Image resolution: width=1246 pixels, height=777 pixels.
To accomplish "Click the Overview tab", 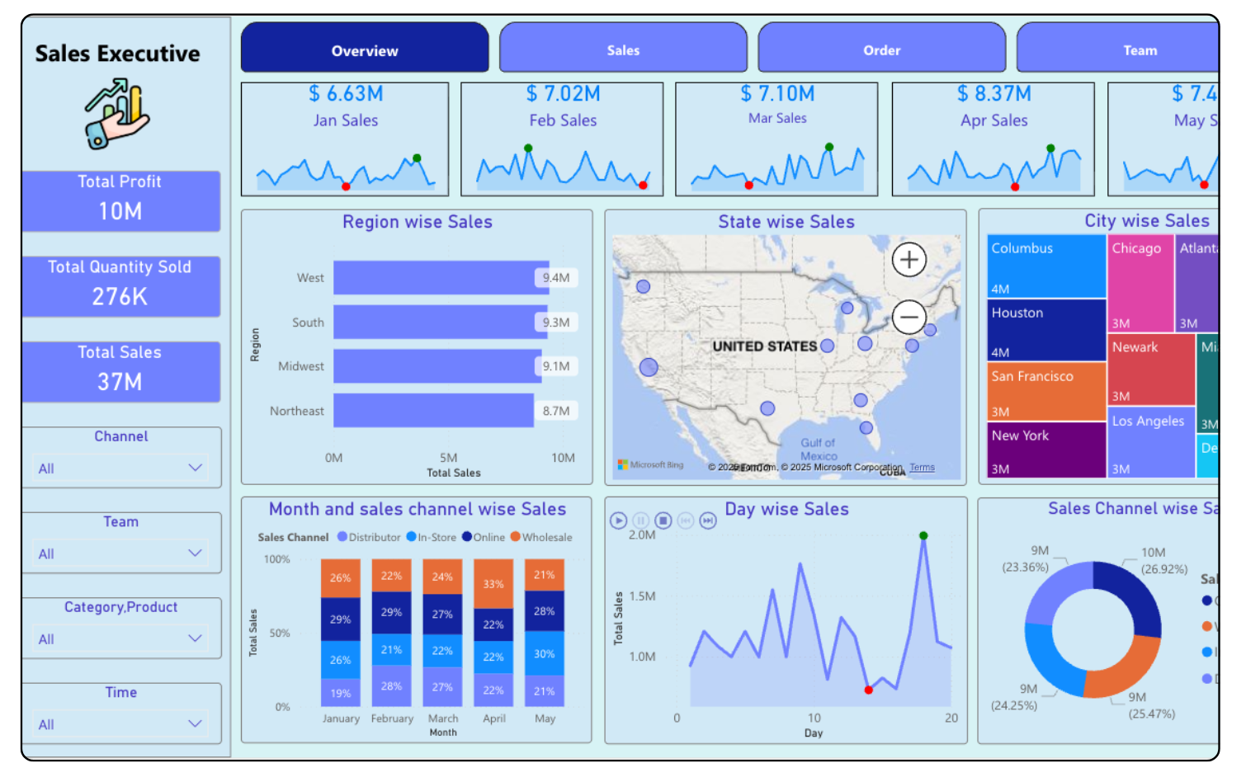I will [x=365, y=50].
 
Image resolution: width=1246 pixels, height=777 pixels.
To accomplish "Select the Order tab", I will [x=881, y=50].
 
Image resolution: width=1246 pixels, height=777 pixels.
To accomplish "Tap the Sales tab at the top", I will [x=623, y=50].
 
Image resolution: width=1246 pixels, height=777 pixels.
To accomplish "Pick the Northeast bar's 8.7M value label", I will [x=556, y=411].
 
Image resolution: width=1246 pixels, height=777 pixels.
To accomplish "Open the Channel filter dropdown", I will [x=120, y=469].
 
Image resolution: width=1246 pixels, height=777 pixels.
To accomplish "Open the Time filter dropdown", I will [x=120, y=724].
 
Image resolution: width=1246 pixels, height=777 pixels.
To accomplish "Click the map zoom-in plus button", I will [x=909, y=260].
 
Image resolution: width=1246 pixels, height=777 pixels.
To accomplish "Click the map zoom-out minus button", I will [x=909, y=317].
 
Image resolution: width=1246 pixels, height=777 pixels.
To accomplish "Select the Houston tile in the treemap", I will [x=1046, y=330].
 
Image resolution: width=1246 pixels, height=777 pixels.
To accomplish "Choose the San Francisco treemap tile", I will [x=1046, y=391].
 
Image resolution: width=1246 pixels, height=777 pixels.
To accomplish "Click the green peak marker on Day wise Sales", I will [x=923, y=536].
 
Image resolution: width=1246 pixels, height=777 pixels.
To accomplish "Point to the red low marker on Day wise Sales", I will [x=868, y=690].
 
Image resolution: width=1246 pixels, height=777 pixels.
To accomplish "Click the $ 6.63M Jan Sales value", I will [x=346, y=94].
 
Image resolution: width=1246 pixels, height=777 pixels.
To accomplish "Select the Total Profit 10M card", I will [x=120, y=200].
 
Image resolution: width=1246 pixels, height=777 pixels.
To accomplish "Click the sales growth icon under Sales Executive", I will [x=117, y=115].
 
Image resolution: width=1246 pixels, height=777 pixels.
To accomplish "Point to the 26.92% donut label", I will [x=1163, y=569].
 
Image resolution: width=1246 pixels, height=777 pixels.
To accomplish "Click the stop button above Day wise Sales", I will [x=663, y=520].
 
